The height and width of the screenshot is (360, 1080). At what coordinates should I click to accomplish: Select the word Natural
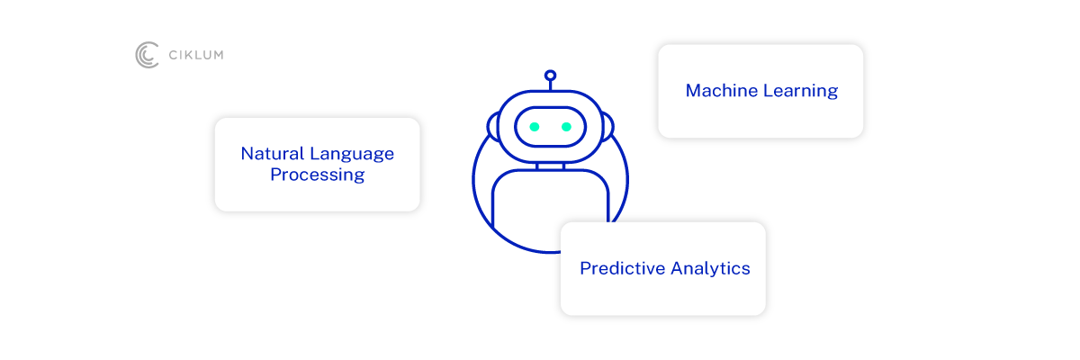[x=273, y=154]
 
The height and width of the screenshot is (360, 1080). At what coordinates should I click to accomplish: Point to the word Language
[x=352, y=155]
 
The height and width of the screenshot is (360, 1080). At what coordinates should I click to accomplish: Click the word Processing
[x=317, y=175]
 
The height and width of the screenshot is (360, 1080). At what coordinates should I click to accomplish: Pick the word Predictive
[x=622, y=268]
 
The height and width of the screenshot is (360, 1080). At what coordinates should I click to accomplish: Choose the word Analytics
[x=711, y=269]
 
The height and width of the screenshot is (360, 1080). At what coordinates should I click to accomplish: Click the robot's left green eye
[x=535, y=127]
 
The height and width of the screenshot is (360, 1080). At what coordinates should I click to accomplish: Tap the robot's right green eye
[x=566, y=127]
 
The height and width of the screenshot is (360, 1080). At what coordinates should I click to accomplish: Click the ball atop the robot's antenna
[x=550, y=76]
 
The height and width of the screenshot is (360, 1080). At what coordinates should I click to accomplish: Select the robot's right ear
[x=607, y=127]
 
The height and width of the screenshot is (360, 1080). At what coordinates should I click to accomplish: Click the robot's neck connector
[x=550, y=166]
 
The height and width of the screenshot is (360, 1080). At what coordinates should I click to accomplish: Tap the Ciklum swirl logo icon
[x=147, y=55]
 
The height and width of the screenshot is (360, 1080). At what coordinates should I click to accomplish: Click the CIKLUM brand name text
[x=196, y=55]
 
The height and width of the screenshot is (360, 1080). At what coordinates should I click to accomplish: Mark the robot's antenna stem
[x=550, y=85]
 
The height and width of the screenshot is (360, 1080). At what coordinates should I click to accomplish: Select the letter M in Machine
[x=693, y=91]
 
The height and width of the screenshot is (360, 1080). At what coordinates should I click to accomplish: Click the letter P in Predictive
[x=585, y=268]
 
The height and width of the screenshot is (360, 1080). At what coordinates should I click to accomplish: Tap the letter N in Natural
[x=247, y=154]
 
